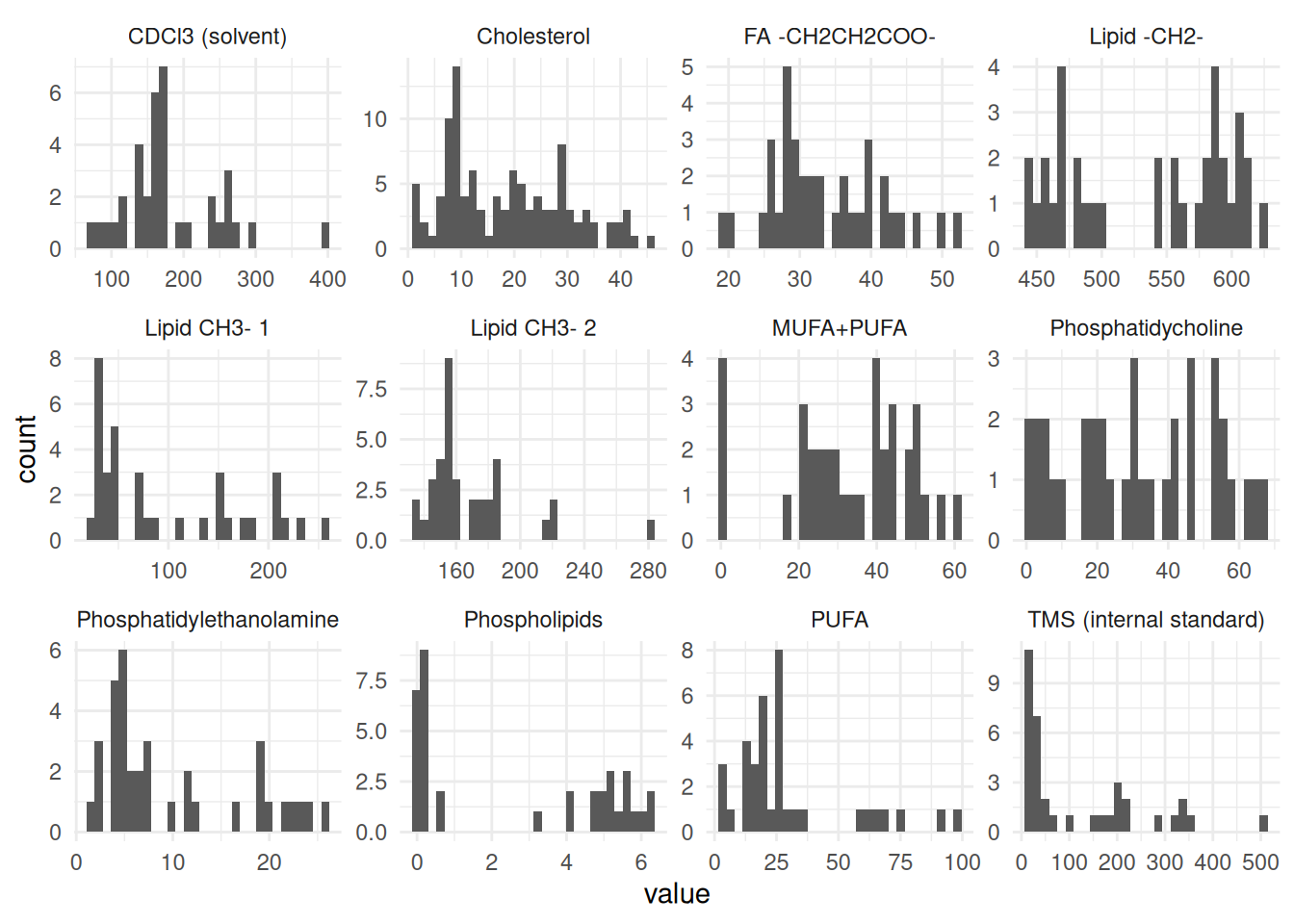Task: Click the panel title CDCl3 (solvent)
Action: click(x=207, y=37)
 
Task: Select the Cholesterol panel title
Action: click(x=532, y=37)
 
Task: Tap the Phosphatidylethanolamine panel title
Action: click(x=207, y=620)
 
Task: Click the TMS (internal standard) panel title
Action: click(x=1146, y=620)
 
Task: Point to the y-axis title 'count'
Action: click(x=26, y=449)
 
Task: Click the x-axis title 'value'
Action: click(x=677, y=894)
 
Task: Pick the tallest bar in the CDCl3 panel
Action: click(x=163, y=159)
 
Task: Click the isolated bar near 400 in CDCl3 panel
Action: click(x=325, y=236)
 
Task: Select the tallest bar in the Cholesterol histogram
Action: click(x=456, y=159)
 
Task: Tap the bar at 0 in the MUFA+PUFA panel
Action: click(x=722, y=449)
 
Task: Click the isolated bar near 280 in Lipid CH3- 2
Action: click(x=651, y=530)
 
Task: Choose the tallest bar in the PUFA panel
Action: click(x=779, y=741)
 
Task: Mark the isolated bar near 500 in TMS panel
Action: click(x=1263, y=824)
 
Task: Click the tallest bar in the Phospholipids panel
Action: click(x=424, y=741)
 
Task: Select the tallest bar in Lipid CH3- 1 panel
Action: click(x=98, y=449)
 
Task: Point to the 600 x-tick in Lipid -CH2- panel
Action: click(x=1231, y=279)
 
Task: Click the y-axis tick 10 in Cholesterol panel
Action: click(x=375, y=119)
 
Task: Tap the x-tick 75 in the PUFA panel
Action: click(x=900, y=862)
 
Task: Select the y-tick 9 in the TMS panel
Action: click(x=994, y=683)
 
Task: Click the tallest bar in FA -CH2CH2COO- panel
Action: click(x=788, y=159)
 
